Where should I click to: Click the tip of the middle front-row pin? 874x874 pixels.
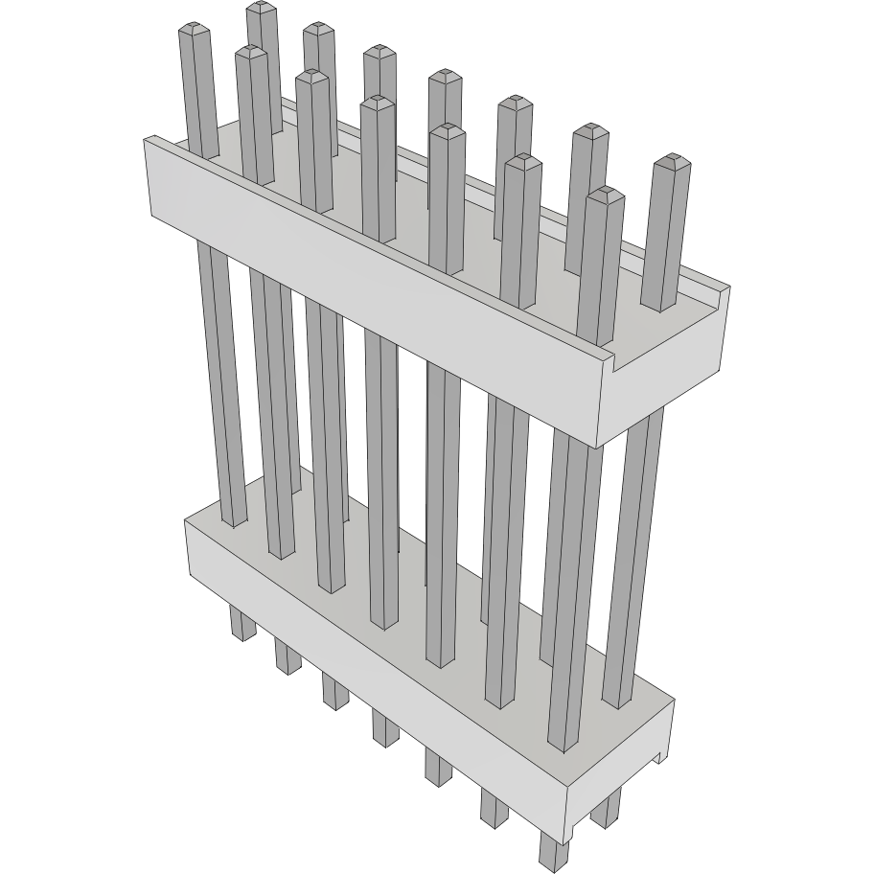(x=379, y=102)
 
